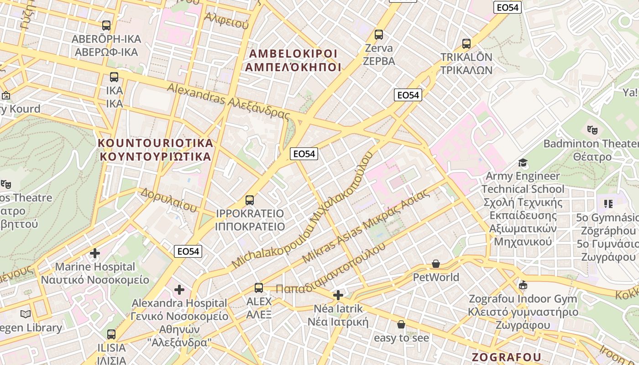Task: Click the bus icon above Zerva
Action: pyautogui.click(x=378, y=34)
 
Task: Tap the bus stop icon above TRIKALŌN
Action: pyautogui.click(x=466, y=44)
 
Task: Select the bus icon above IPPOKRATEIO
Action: pyautogui.click(x=250, y=200)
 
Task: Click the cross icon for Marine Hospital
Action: pyautogui.click(x=95, y=253)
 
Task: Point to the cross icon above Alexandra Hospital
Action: pyautogui.click(x=179, y=289)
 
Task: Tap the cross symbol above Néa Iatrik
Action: pyautogui.click(x=338, y=295)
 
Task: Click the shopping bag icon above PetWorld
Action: pyautogui.click(x=436, y=264)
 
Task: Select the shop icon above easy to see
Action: pyautogui.click(x=401, y=324)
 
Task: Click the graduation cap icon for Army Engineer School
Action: pyautogui.click(x=523, y=162)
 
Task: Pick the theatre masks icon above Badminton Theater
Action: pyautogui.click(x=592, y=130)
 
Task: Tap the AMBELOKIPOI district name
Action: pyautogui.click(x=293, y=60)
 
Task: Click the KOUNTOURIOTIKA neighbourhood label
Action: pyautogui.click(x=156, y=150)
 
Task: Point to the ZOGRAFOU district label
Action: pyautogui.click(x=506, y=357)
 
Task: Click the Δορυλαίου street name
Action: pyautogui.click(x=168, y=200)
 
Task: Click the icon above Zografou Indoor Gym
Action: pyautogui.click(x=523, y=286)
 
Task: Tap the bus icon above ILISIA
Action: pyautogui.click(x=111, y=334)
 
